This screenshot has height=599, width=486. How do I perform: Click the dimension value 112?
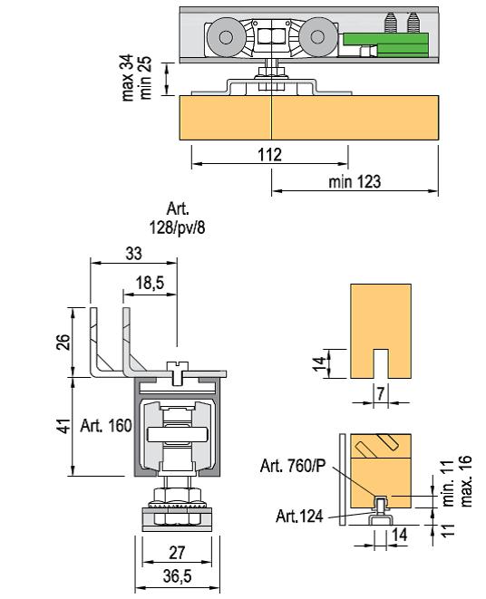pos(269,155)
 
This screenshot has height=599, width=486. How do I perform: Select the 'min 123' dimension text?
pos(355,181)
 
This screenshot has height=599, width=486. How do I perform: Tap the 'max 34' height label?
pos(128,78)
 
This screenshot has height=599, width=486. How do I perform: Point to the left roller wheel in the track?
pos(226,37)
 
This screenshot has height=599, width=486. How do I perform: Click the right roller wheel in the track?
pos(317,37)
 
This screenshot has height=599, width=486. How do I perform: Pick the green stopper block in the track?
pos(385,44)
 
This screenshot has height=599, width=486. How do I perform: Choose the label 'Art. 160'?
pos(106,426)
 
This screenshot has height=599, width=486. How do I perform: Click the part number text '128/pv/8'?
pos(177,227)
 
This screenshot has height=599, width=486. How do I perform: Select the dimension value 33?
pos(133,253)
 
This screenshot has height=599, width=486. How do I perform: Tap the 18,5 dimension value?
pos(150,283)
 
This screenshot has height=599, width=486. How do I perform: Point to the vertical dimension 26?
pos(64,342)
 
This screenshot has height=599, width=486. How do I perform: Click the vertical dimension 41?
pos(64,426)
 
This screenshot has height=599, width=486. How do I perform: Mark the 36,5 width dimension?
pos(177,576)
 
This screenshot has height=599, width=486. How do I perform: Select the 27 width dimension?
pos(177,553)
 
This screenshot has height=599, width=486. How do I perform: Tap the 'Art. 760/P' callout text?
pos(293,466)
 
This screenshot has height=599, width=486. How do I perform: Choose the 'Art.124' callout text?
pos(299,517)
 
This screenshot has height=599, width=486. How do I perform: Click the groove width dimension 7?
pos(381,393)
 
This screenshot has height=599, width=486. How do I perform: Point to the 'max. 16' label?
pos(466,481)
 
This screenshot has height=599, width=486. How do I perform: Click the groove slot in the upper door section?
pos(381,363)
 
